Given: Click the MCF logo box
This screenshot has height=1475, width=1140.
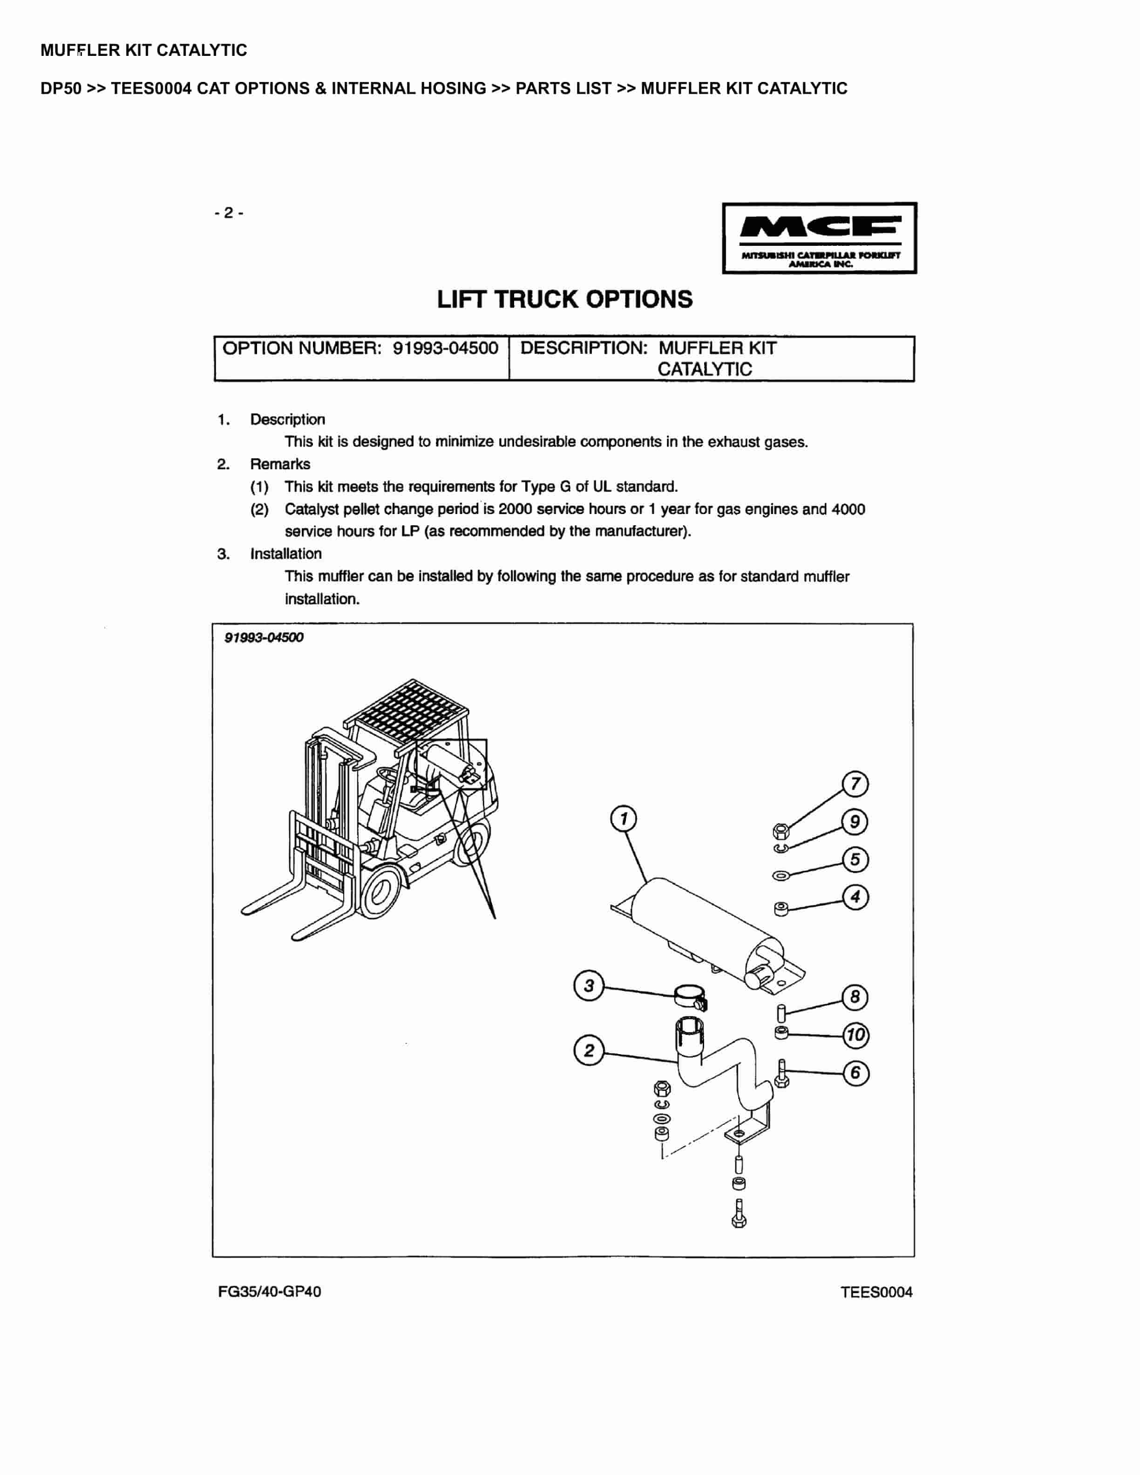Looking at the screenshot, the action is [x=819, y=238].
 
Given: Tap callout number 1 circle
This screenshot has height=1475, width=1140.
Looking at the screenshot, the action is [x=624, y=819].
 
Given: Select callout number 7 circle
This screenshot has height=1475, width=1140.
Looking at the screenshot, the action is [x=855, y=784].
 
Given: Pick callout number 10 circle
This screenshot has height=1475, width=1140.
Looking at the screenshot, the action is [x=855, y=1035].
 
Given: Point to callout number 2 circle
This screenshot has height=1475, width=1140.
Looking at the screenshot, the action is [x=588, y=1050].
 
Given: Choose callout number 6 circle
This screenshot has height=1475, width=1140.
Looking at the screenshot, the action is [x=855, y=1072].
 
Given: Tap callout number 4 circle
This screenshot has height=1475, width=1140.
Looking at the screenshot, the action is [x=855, y=897].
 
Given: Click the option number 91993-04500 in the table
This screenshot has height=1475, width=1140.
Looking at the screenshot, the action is [x=446, y=348].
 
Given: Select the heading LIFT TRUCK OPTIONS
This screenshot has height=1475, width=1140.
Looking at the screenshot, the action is [x=564, y=299].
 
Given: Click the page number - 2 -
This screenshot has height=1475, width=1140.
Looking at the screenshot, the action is [x=229, y=213].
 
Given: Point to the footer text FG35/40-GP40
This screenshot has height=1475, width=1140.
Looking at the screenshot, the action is [x=270, y=1291].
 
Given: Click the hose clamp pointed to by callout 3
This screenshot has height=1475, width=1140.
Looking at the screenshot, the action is [x=690, y=995].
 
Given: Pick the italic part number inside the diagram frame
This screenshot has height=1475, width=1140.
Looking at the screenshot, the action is [x=264, y=637].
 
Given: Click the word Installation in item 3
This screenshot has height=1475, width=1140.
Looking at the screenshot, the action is [x=285, y=554].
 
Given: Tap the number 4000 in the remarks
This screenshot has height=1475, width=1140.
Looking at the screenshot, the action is [x=848, y=509].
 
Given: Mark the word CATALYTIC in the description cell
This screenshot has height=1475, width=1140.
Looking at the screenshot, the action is [x=705, y=369].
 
